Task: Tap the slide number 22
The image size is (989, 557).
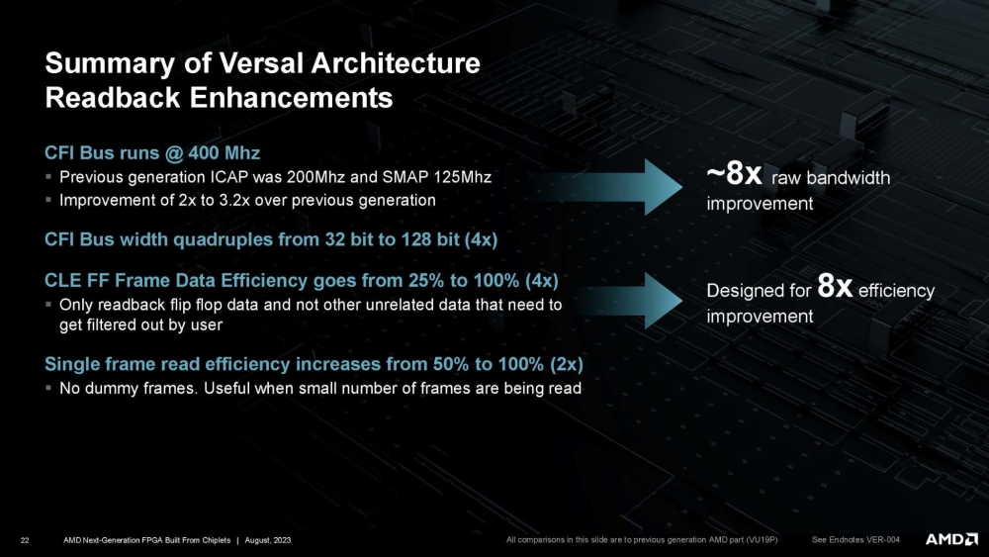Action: tap(25, 539)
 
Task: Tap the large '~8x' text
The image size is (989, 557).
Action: tap(733, 176)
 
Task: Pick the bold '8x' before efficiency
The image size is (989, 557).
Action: tap(837, 289)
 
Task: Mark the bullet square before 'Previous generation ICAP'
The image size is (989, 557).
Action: tap(49, 178)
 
